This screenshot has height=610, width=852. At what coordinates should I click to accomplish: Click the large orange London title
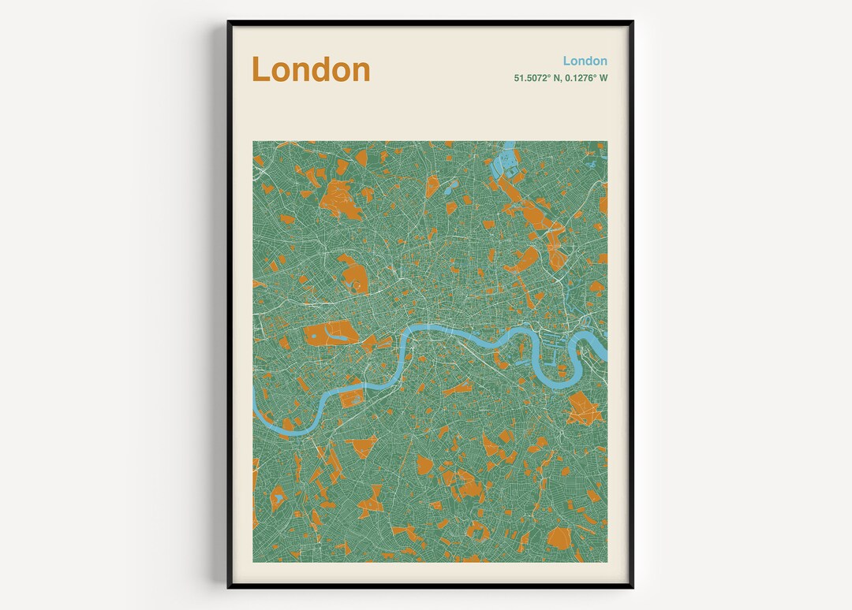311,69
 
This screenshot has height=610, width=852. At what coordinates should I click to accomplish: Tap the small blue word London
585,61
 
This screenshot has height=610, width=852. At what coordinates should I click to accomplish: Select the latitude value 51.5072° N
543,78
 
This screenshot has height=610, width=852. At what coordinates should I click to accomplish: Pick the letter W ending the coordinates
603,78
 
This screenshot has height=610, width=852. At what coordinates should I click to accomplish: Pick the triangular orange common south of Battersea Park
363,447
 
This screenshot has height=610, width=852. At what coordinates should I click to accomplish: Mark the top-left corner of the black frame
229,22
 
